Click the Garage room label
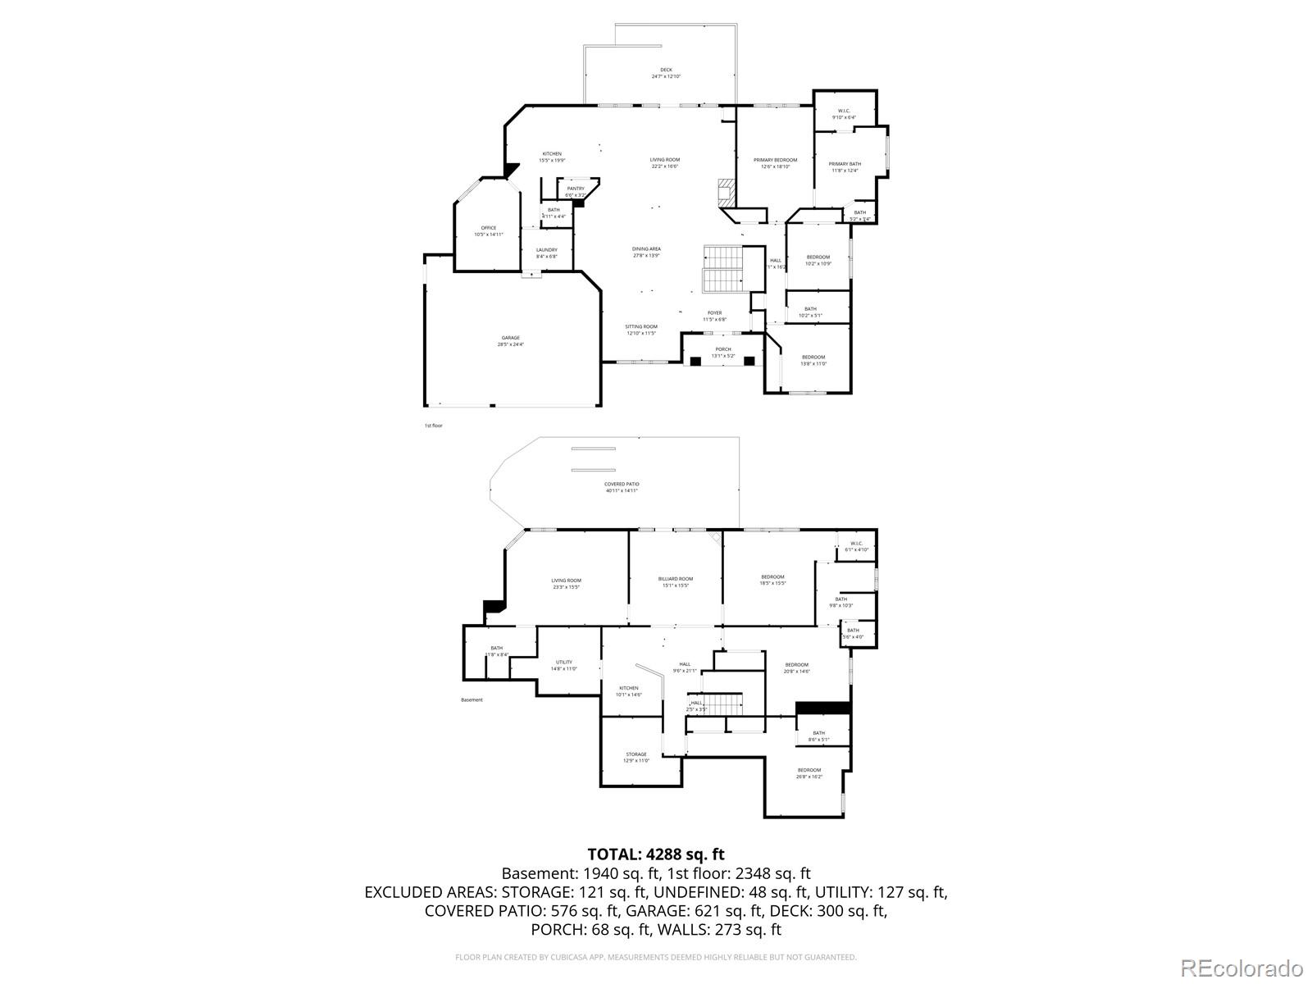[510, 341]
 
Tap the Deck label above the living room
[666, 73]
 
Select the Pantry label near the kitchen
[576, 191]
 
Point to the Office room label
[489, 231]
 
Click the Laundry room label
[547, 253]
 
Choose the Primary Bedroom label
[775, 162]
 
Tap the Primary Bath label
[845, 166]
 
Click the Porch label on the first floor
[722, 353]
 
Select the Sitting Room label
[641, 330]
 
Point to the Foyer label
[715, 316]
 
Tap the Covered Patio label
[622, 487]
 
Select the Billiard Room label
[676, 581]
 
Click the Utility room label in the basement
[564, 665]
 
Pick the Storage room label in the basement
[636, 757]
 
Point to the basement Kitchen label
[629, 691]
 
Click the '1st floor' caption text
[433, 426]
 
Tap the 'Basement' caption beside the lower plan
[471, 699]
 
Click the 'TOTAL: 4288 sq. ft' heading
[656, 854]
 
